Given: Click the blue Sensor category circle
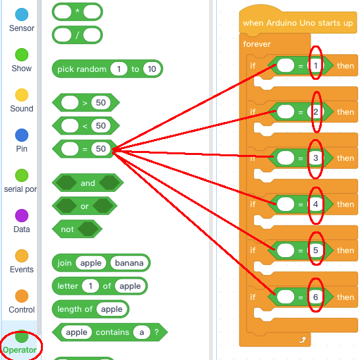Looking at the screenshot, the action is tap(22, 15).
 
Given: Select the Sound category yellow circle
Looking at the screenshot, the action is tap(22, 95).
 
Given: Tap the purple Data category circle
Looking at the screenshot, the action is tap(22, 216).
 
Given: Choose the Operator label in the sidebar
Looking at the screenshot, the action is tap(20, 350).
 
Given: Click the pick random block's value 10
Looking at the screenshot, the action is tap(152, 69).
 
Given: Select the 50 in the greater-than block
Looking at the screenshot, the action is tap(101, 102).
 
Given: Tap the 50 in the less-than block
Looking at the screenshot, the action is tap(101, 126).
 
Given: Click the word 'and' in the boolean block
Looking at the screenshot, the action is tap(88, 183).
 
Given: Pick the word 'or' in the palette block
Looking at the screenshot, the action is tap(84, 206).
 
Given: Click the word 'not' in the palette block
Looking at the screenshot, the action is tap(67, 229).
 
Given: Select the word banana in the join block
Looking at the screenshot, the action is tap(129, 263).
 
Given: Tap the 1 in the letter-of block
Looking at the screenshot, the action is tap(90, 286).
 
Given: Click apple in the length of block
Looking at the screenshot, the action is tap(111, 309).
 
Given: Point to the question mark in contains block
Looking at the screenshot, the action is tap(156, 332).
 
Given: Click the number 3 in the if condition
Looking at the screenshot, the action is tap(316, 158).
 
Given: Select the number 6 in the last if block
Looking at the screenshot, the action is tap(316, 297).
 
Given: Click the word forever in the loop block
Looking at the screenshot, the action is tap(256, 44).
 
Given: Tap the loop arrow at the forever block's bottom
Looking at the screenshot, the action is tap(302, 340).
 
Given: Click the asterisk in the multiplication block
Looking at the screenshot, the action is tap(77, 11).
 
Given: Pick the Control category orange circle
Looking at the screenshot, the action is tap(22, 296).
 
